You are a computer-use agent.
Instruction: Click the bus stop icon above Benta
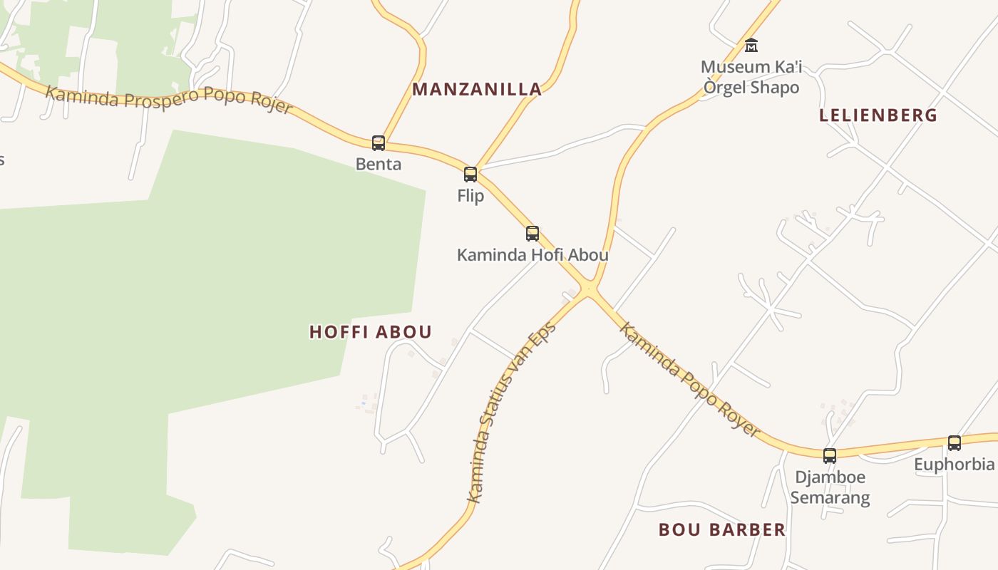click(x=379, y=143)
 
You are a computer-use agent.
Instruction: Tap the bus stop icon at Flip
click(x=470, y=175)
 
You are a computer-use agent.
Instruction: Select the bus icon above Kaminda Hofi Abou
click(x=533, y=234)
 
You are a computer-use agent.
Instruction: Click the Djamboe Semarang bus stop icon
click(x=830, y=456)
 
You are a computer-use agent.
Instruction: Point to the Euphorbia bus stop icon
click(x=955, y=443)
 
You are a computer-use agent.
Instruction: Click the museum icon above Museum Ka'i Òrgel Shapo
click(x=751, y=46)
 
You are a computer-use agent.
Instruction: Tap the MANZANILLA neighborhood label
click(x=477, y=90)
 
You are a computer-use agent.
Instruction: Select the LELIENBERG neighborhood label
click(x=878, y=115)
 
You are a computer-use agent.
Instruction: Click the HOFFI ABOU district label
click(x=371, y=332)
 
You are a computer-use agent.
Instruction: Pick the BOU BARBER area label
click(x=722, y=530)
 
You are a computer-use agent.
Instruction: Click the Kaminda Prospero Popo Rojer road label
click(x=169, y=98)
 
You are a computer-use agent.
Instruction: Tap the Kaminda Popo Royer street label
click(x=689, y=380)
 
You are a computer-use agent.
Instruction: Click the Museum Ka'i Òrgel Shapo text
click(x=751, y=77)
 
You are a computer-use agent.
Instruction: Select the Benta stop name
click(x=379, y=165)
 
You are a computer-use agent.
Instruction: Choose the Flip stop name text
click(x=470, y=196)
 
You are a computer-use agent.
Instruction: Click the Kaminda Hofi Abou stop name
click(x=533, y=255)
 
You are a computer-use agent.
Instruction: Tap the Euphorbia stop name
click(x=955, y=465)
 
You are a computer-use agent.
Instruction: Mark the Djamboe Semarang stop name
click(x=830, y=487)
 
